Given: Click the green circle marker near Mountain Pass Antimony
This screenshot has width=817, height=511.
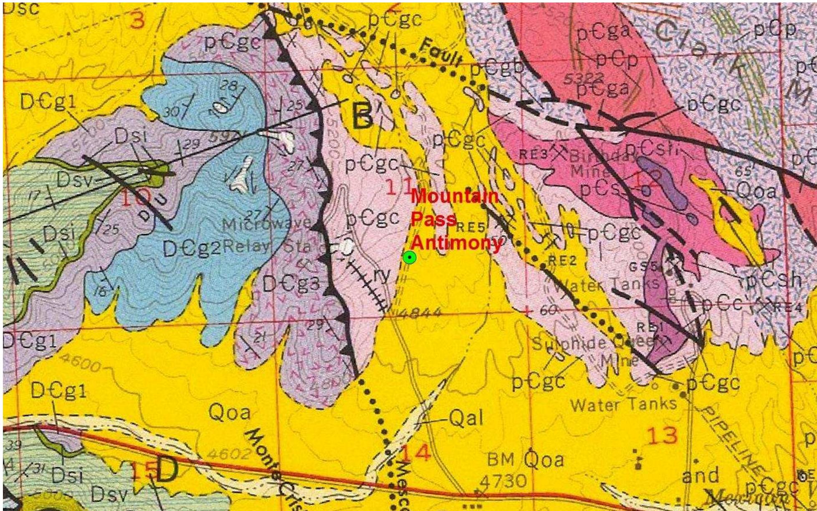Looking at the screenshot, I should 410,258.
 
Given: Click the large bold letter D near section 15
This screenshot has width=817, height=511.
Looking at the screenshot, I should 167,470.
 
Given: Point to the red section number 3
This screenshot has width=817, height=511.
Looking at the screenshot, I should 138,20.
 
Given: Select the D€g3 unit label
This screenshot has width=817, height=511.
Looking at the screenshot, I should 291,284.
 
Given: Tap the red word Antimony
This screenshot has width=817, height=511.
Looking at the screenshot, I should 457,243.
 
